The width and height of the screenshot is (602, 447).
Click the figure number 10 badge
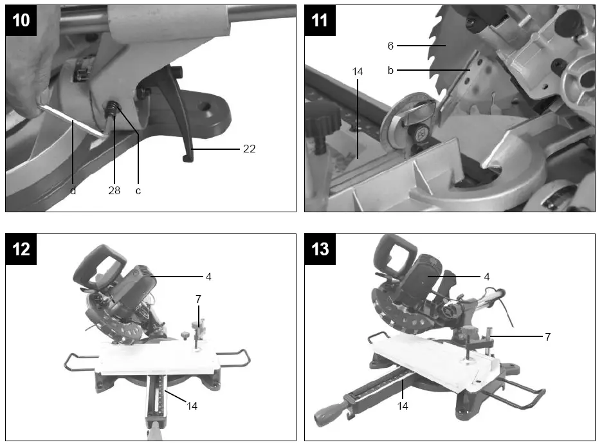coord(21,20)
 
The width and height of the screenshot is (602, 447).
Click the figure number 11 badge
coord(320,20)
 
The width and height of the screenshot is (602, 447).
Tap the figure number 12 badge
coord(21,249)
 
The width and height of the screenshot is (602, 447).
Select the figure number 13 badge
coord(320,249)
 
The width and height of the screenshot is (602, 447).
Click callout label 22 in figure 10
coord(250,149)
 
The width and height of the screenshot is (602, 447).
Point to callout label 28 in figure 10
coord(115,191)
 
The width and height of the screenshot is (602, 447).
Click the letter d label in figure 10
coord(73,191)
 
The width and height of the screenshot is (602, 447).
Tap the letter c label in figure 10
coord(138,191)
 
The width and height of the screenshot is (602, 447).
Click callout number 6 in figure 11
coord(390,46)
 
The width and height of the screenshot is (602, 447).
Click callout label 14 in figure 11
coord(358,72)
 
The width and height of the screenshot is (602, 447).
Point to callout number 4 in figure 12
coord(208,277)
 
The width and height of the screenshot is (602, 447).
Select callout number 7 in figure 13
coord(547,336)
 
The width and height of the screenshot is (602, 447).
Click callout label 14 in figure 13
coord(403,406)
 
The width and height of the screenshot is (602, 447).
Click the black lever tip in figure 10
coord(187,157)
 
